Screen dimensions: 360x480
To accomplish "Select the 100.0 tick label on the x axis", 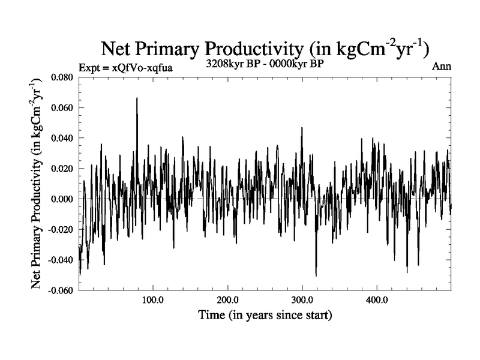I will tap(153, 299).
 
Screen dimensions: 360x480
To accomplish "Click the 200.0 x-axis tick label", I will tap(227, 299).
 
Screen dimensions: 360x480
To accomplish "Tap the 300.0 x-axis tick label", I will tap(302, 299).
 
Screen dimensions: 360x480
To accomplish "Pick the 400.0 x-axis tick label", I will tap(376, 299).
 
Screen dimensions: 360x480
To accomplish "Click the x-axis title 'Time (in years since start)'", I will tap(265, 314).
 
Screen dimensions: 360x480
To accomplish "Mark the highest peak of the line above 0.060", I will tap(137, 98).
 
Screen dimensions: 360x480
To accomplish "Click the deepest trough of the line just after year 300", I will tap(316, 275).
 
